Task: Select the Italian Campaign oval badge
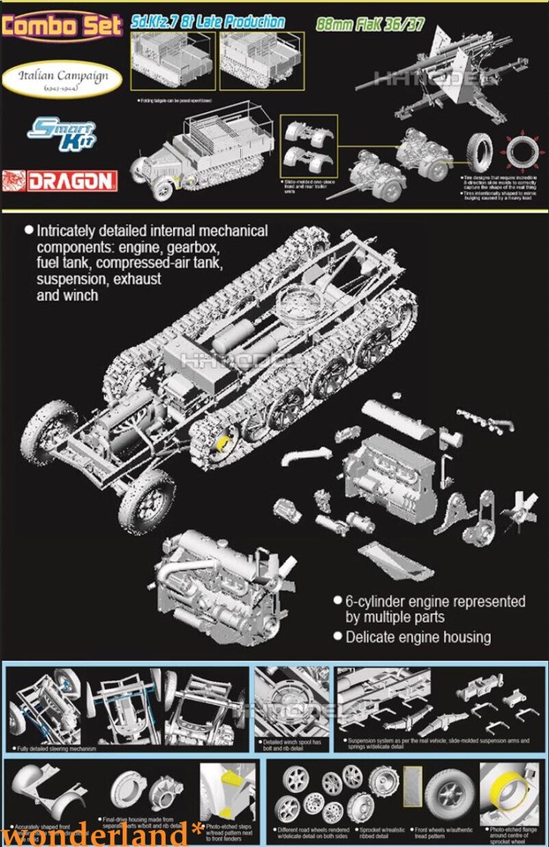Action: pos(66,77)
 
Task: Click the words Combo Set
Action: pos(62,23)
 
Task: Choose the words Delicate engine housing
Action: pos(419,637)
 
